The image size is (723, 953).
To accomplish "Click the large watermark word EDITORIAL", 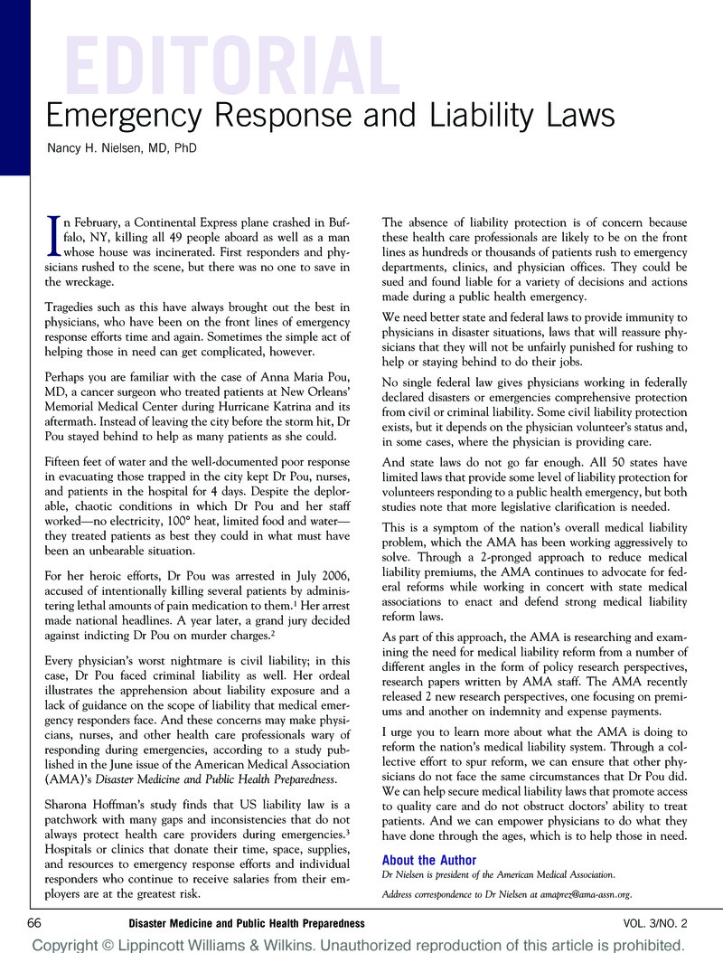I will pyautogui.click(x=230, y=65).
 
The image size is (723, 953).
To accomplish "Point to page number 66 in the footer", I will pyautogui.click(x=35, y=923).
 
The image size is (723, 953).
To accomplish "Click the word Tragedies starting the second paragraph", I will pyautogui.click(x=66, y=309).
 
